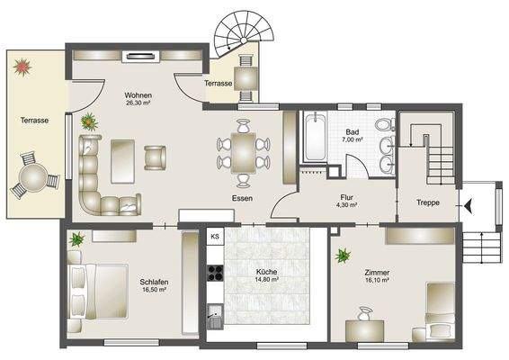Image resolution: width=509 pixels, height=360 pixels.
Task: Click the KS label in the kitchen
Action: (215, 236)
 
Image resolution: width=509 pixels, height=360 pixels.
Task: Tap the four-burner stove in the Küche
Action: (215, 273)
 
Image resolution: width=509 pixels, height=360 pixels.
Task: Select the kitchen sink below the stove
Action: (215, 317)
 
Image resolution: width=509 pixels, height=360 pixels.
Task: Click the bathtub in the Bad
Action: (315, 137)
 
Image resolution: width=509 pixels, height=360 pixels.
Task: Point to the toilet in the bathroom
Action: (385, 125)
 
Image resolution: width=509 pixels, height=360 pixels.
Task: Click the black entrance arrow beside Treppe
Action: (469, 205)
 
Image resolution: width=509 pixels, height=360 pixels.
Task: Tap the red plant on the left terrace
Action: (22, 67)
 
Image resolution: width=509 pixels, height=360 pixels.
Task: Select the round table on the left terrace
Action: (33, 177)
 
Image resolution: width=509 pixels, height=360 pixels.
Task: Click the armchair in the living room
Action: (156, 157)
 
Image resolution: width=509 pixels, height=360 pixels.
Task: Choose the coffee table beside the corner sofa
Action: (122, 161)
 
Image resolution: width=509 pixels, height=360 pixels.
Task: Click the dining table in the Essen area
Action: (244, 153)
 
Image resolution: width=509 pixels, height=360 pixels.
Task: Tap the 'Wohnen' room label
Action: (138, 95)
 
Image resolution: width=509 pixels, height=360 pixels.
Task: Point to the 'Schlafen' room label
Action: (154, 282)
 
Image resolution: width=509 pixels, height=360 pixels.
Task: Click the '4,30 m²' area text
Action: (347, 205)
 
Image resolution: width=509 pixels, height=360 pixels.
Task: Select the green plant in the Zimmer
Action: (344, 256)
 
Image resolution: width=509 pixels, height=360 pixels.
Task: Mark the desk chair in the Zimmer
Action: (365, 314)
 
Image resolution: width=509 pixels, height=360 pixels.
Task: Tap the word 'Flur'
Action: (347, 197)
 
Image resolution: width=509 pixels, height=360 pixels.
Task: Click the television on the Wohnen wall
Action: (140, 56)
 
